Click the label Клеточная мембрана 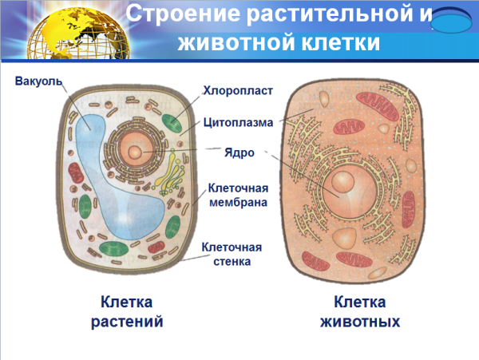[x=237, y=196]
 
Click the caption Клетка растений [x=132, y=312]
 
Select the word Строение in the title [x=176, y=14]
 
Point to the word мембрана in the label [x=237, y=203]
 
